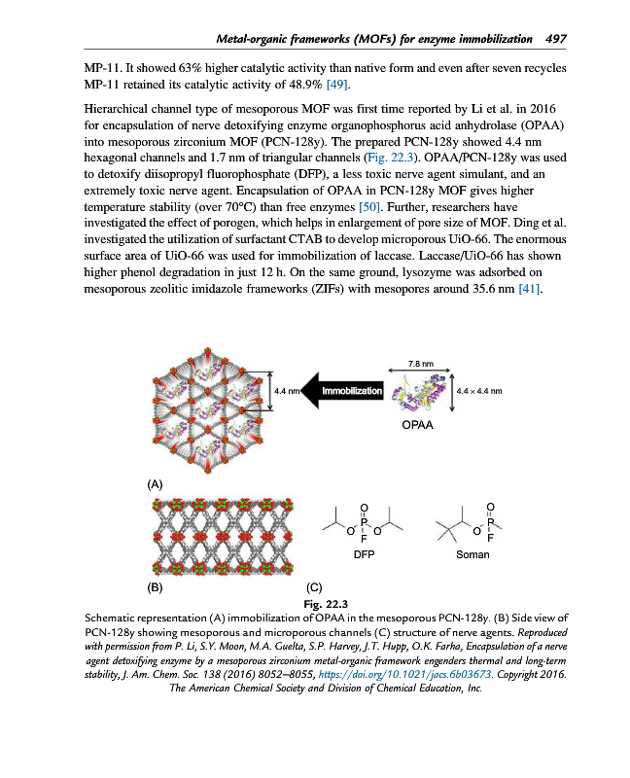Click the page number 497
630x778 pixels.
[x=556, y=39]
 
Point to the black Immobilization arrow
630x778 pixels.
[x=341, y=391]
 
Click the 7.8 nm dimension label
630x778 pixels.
[x=419, y=363]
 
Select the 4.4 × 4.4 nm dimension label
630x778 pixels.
[x=478, y=391]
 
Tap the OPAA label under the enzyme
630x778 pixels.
[x=420, y=426]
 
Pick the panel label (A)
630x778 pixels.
[x=156, y=483]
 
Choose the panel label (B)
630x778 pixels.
[x=156, y=588]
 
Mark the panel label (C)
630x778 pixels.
[x=314, y=588]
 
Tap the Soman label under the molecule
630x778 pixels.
[x=472, y=554]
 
